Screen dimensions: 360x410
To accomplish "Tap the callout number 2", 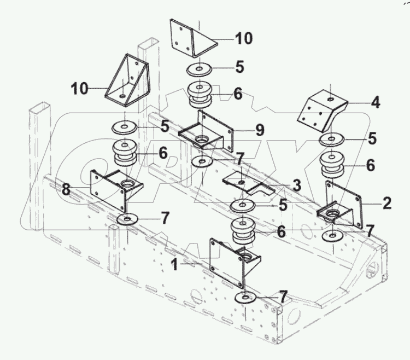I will [x=387, y=204].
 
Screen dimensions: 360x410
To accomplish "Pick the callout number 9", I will [x=260, y=131].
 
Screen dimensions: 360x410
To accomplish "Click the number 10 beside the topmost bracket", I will [x=244, y=39].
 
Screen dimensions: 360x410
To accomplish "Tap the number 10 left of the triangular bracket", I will [x=79, y=88].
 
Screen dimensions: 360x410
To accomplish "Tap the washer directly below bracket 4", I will [x=331, y=140].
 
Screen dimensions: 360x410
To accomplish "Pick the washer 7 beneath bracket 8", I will [x=128, y=220].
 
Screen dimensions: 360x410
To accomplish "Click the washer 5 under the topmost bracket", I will [x=199, y=69].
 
